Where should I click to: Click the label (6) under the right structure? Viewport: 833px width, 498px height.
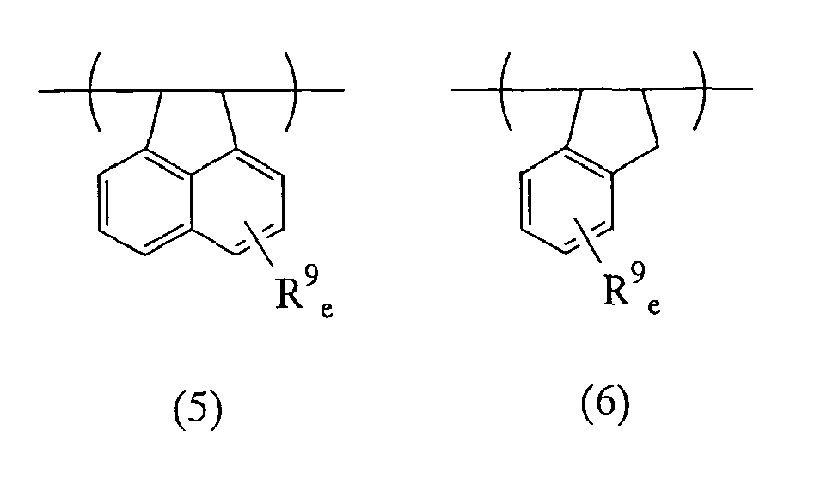(x=605, y=403)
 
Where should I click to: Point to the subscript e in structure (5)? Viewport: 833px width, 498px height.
(x=327, y=310)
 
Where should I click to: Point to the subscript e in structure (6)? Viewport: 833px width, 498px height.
(x=654, y=306)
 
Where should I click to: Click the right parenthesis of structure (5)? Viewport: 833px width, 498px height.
(x=291, y=91)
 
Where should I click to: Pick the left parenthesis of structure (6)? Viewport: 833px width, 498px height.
(x=505, y=90)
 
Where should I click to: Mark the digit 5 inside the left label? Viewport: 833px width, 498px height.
(x=198, y=408)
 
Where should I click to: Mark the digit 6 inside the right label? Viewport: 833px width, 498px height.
(x=605, y=402)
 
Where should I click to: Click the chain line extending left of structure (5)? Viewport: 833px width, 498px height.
(x=64, y=91)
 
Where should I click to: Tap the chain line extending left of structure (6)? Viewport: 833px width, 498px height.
(x=476, y=89)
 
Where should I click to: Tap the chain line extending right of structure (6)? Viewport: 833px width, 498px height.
(x=728, y=89)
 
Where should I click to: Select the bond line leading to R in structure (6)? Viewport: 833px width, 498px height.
(x=587, y=242)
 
